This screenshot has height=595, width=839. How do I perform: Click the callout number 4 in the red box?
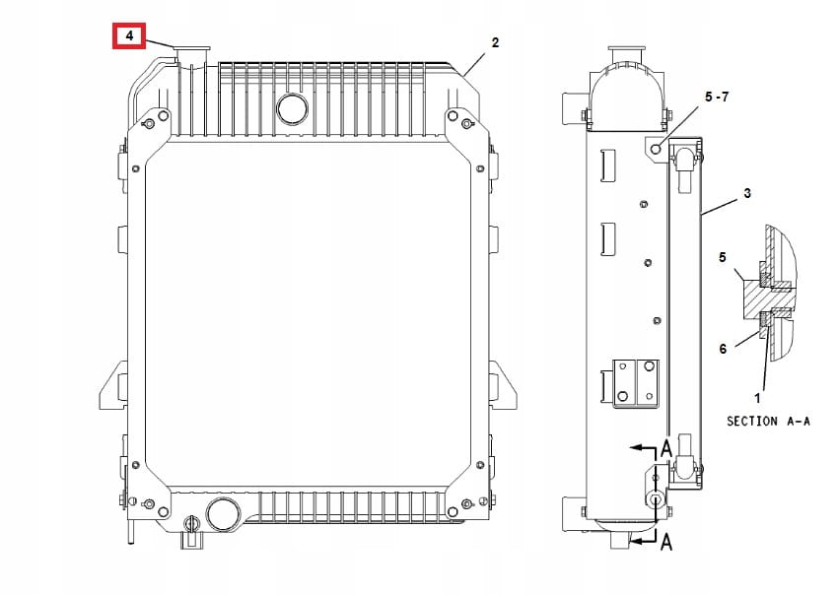click(129, 35)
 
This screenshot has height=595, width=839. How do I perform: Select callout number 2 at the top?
click(495, 42)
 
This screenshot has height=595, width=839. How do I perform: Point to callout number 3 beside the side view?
click(746, 194)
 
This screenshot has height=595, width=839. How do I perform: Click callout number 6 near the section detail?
click(723, 349)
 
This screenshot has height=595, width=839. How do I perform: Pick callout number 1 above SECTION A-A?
click(757, 398)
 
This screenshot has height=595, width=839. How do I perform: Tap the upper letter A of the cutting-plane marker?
click(665, 448)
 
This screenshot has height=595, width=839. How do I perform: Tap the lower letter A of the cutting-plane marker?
click(665, 541)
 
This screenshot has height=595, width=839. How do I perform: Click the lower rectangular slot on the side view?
click(609, 237)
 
